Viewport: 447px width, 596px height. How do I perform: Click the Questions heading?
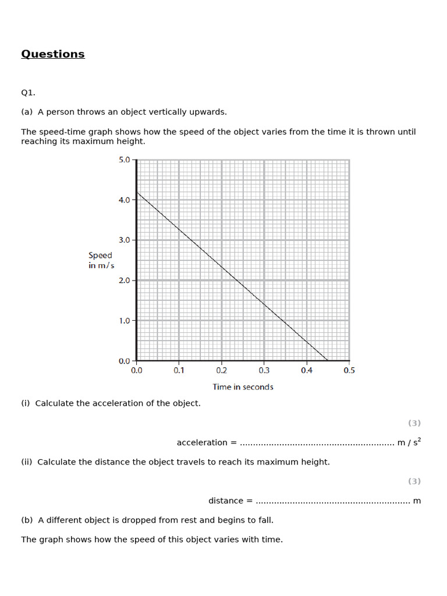[53, 54]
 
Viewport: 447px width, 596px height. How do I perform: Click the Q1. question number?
[29, 93]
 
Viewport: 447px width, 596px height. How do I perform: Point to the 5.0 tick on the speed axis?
[125, 159]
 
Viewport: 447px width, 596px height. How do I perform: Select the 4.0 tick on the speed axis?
[125, 200]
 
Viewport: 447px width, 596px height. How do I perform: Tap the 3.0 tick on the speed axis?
[125, 240]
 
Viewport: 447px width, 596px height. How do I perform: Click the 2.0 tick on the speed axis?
[125, 281]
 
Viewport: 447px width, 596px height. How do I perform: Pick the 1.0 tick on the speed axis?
[125, 321]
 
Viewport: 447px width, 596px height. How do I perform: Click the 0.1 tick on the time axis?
[179, 370]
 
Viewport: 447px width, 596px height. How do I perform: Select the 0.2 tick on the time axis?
[221, 370]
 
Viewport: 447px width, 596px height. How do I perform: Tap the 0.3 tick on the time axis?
[264, 370]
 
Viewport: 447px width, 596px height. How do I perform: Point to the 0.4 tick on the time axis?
[307, 370]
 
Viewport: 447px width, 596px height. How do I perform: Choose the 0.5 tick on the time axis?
[349, 370]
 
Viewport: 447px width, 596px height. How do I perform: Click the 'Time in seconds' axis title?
[243, 387]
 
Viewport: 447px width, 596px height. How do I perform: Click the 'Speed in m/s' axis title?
[101, 260]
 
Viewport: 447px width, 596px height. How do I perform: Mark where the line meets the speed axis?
[137, 192]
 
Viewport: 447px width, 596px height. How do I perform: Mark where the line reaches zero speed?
[328, 361]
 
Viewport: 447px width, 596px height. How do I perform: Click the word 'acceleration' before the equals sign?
[202, 443]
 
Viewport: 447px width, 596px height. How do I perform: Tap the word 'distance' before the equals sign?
[226, 501]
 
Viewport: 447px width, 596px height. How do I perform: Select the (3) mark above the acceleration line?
[414, 423]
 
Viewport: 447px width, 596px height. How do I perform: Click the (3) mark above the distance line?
[414, 481]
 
